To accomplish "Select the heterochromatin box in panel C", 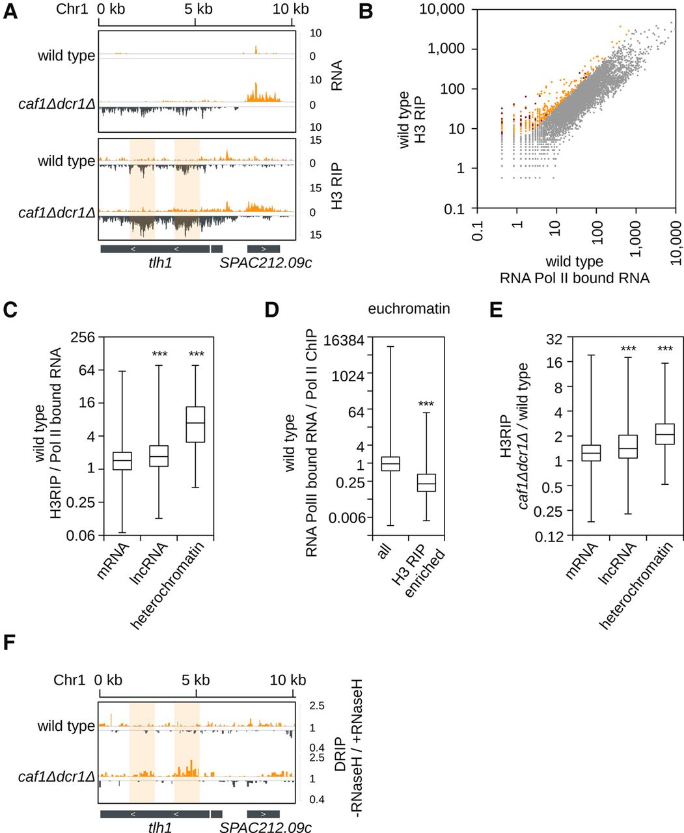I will click(195, 424).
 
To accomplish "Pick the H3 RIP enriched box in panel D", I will click(426, 483).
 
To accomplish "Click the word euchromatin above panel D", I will click(408, 308).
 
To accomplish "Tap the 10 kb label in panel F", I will click(288, 680).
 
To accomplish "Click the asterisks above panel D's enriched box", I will click(426, 405).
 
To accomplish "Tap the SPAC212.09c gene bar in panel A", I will click(264, 249).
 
